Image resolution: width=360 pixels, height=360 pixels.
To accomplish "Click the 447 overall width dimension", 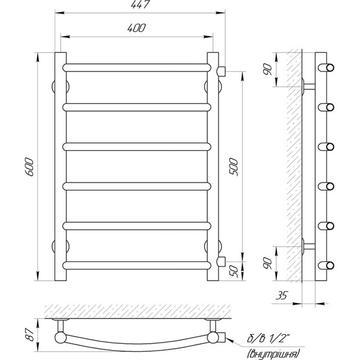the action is (x=140, y=4).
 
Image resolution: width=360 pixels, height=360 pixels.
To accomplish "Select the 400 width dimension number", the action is (x=137, y=28).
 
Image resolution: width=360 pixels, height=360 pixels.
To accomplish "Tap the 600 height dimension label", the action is (x=29, y=167).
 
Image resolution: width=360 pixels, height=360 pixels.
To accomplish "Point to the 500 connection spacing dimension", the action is (x=233, y=167).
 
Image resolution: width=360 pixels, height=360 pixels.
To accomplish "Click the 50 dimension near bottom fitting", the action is (x=234, y=271).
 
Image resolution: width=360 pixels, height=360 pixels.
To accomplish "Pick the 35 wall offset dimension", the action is (x=281, y=295).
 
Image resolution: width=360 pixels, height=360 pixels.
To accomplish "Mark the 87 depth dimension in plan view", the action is (x=30, y=335).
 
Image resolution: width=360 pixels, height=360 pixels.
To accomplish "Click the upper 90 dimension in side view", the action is (x=268, y=70).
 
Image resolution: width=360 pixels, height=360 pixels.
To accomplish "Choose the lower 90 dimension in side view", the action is (x=268, y=263).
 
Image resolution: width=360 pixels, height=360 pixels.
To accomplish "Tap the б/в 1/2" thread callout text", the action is (x=267, y=339).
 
